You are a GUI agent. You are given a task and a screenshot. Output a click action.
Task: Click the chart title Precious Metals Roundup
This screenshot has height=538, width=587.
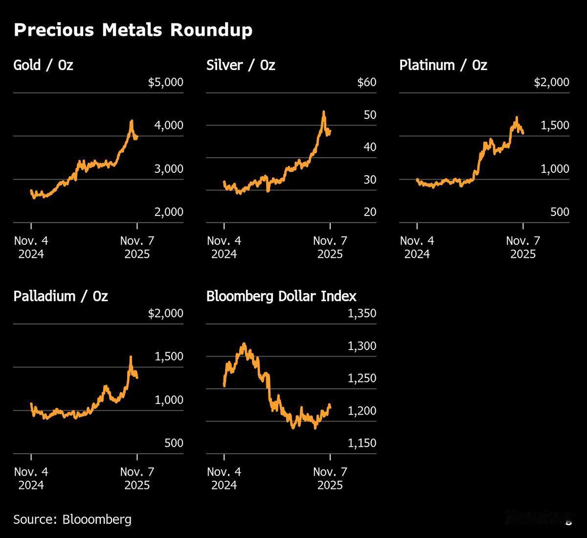pyautogui.click(x=133, y=30)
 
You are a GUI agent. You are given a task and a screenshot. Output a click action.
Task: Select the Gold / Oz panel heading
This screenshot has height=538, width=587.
pyautogui.click(x=43, y=65)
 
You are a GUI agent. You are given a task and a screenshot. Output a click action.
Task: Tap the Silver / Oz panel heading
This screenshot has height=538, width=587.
pyautogui.click(x=241, y=65)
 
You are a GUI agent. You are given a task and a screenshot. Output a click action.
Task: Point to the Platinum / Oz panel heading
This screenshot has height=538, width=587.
pyautogui.click(x=443, y=65)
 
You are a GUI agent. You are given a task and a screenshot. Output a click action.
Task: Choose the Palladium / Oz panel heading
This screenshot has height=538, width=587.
pyautogui.click(x=61, y=296)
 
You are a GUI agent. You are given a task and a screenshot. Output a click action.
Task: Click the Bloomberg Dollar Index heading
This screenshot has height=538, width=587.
pyautogui.click(x=281, y=296)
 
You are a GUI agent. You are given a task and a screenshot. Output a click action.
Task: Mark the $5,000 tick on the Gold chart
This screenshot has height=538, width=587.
pyautogui.click(x=165, y=82)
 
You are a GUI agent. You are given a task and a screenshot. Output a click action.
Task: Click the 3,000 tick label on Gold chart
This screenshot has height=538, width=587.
pyautogui.click(x=169, y=169)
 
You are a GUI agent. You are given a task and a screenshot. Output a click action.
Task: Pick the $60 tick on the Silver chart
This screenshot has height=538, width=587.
pyautogui.click(x=367, y=82)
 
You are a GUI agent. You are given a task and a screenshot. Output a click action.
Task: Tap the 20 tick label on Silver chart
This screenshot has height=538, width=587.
pyautogui.click(x=370, y=212)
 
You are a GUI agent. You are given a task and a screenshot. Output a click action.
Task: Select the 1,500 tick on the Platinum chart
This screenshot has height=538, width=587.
pyautogui.click(x=555, y=125)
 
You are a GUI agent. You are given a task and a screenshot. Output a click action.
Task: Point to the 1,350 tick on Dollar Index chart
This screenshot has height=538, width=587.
pyautogui.click(x=362, y=313)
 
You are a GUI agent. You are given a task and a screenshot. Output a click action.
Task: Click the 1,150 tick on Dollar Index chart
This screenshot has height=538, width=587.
pyautogui.click(x=362, y=443)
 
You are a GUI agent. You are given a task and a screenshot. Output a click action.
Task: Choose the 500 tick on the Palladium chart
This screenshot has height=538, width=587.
pyautogui.click(x=174, y=443)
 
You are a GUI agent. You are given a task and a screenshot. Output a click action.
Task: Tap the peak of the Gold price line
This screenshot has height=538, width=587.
pyautogui.click(x=131, y=121)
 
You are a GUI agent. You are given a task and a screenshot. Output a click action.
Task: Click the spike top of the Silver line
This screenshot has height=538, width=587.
pyautogui.click(x=324, y=112)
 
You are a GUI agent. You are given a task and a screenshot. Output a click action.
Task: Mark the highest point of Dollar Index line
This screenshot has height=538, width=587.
pyautogui.click(x=244, y=344)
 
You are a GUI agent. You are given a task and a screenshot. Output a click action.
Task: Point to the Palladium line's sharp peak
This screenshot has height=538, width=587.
pyautogui.click(x=131, y=357)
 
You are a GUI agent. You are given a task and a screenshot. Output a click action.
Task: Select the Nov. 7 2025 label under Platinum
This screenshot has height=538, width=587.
pyautogui.click(x=523, y=247)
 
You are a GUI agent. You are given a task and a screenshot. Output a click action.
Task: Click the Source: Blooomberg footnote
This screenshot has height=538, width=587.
pyautogui.click(x=72, y=519)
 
